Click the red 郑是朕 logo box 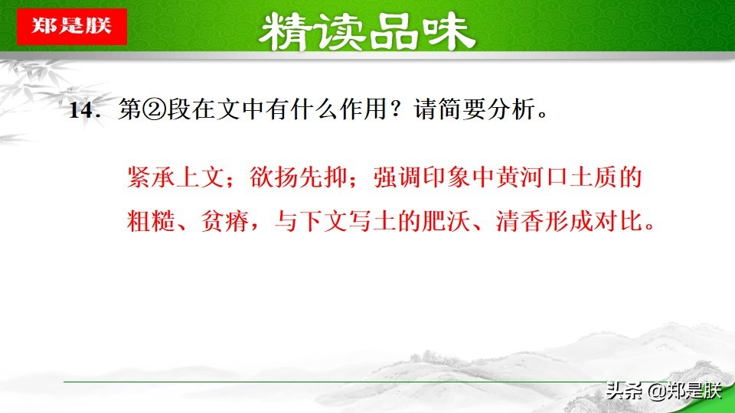(71, 25)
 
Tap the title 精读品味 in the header (367, 31)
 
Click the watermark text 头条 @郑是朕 (663, 392)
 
